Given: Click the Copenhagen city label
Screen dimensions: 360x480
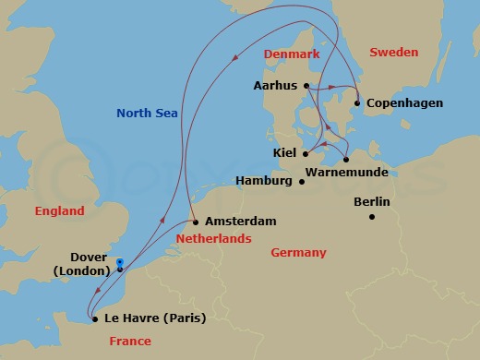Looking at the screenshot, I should [x=405, y=103].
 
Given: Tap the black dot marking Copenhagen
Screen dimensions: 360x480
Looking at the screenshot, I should [x=357, y=103].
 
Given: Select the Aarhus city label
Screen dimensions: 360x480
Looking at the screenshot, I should [x=274, y=86].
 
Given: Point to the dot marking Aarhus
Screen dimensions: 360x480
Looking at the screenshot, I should [x=306, y=86].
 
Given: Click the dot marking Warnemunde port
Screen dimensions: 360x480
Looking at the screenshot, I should [x=346, y=159].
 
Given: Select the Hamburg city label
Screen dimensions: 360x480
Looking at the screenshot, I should [x=265, y=181].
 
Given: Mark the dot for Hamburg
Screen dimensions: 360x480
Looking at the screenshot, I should [x=302, y=181].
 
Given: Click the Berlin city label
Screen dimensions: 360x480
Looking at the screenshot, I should [x=372, y=202].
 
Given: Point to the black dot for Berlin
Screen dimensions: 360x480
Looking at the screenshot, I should [x=372, y=217].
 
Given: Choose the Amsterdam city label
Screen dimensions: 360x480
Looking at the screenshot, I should [x=242, y=222].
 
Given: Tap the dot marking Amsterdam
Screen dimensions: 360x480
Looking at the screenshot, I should [x=197, y=222].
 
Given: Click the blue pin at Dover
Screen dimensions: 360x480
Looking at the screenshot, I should [x=120, y=264].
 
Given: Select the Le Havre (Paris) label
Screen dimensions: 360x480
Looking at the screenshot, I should [x=155, y=318].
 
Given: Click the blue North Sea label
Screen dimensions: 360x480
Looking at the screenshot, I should [x=146, y=114].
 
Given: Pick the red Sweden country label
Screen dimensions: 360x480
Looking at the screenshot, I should [x=393, y=53].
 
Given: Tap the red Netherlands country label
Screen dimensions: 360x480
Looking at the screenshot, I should [x=213, y=239].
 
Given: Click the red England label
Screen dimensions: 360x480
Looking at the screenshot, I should [x=59, y=211].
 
